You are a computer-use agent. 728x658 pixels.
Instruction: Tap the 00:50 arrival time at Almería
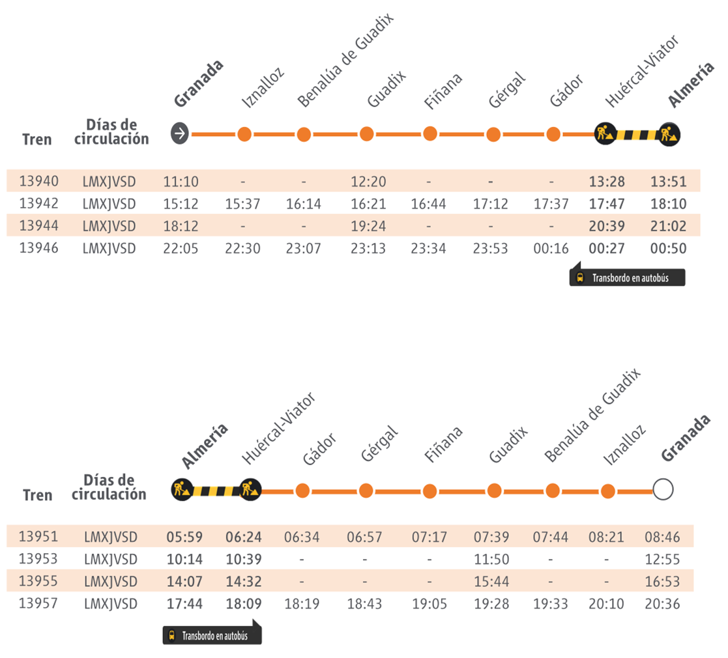tap(668, 248)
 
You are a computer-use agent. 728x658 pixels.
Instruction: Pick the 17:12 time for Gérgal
tap(490, 204)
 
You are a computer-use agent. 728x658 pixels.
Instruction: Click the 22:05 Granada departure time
tap(181, 248)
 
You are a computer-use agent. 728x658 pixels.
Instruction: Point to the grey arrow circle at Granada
tap(180, 134)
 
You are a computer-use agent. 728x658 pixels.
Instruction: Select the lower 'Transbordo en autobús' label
tap(212, 636)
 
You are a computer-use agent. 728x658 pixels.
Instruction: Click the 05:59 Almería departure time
tap(185, 537)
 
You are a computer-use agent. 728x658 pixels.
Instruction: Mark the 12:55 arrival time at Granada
tap(662, 560)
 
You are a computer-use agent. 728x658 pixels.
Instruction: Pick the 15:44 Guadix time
tap(491, 582)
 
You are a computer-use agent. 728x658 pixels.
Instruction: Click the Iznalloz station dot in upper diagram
tap(244, 134)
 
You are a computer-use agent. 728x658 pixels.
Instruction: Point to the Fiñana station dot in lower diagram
tap(429, 490)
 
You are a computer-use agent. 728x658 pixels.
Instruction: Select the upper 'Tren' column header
tap(36, 139)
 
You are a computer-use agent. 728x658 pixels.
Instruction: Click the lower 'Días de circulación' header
tap(109, 487)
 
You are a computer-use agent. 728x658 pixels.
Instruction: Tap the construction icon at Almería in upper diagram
tap(669, 134)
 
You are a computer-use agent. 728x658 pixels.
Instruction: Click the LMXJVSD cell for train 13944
tap(109, 226)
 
